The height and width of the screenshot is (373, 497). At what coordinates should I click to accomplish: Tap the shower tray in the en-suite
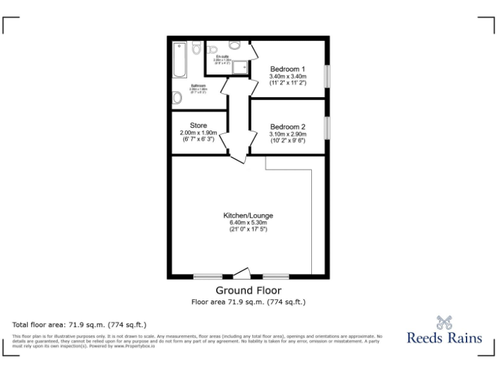click(x=241, y=67)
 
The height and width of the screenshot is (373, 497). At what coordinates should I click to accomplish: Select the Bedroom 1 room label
click(x=288, y=69)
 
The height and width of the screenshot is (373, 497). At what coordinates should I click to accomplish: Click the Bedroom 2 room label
click(x=288, y=126)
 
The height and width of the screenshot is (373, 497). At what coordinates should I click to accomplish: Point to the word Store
click(x=198, y=125)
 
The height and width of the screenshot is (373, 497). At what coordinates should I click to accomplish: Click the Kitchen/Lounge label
click(x=248, y=215)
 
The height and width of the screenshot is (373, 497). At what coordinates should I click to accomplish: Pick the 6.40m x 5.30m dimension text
click(x=248, y=222)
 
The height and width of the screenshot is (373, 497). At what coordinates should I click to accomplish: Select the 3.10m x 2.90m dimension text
click(x=288, y=134)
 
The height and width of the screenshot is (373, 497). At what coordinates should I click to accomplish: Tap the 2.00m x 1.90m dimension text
click(x=198, y=133)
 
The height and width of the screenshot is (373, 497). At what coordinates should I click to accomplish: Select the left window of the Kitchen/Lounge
click(x=208, y=277)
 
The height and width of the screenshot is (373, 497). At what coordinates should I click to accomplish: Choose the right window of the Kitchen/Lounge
click(x=275, y=277)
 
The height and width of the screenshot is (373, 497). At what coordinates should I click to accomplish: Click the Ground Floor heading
click(x=248, y=290)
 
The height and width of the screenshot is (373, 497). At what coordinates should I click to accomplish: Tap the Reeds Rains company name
click(x=444, y=337)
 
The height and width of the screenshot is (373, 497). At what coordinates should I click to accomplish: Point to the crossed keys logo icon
click(x=443, y=321)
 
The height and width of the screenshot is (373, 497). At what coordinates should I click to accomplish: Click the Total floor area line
click(x=80, y=324)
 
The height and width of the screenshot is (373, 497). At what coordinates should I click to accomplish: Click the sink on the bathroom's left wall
click(x=177, y=98)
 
